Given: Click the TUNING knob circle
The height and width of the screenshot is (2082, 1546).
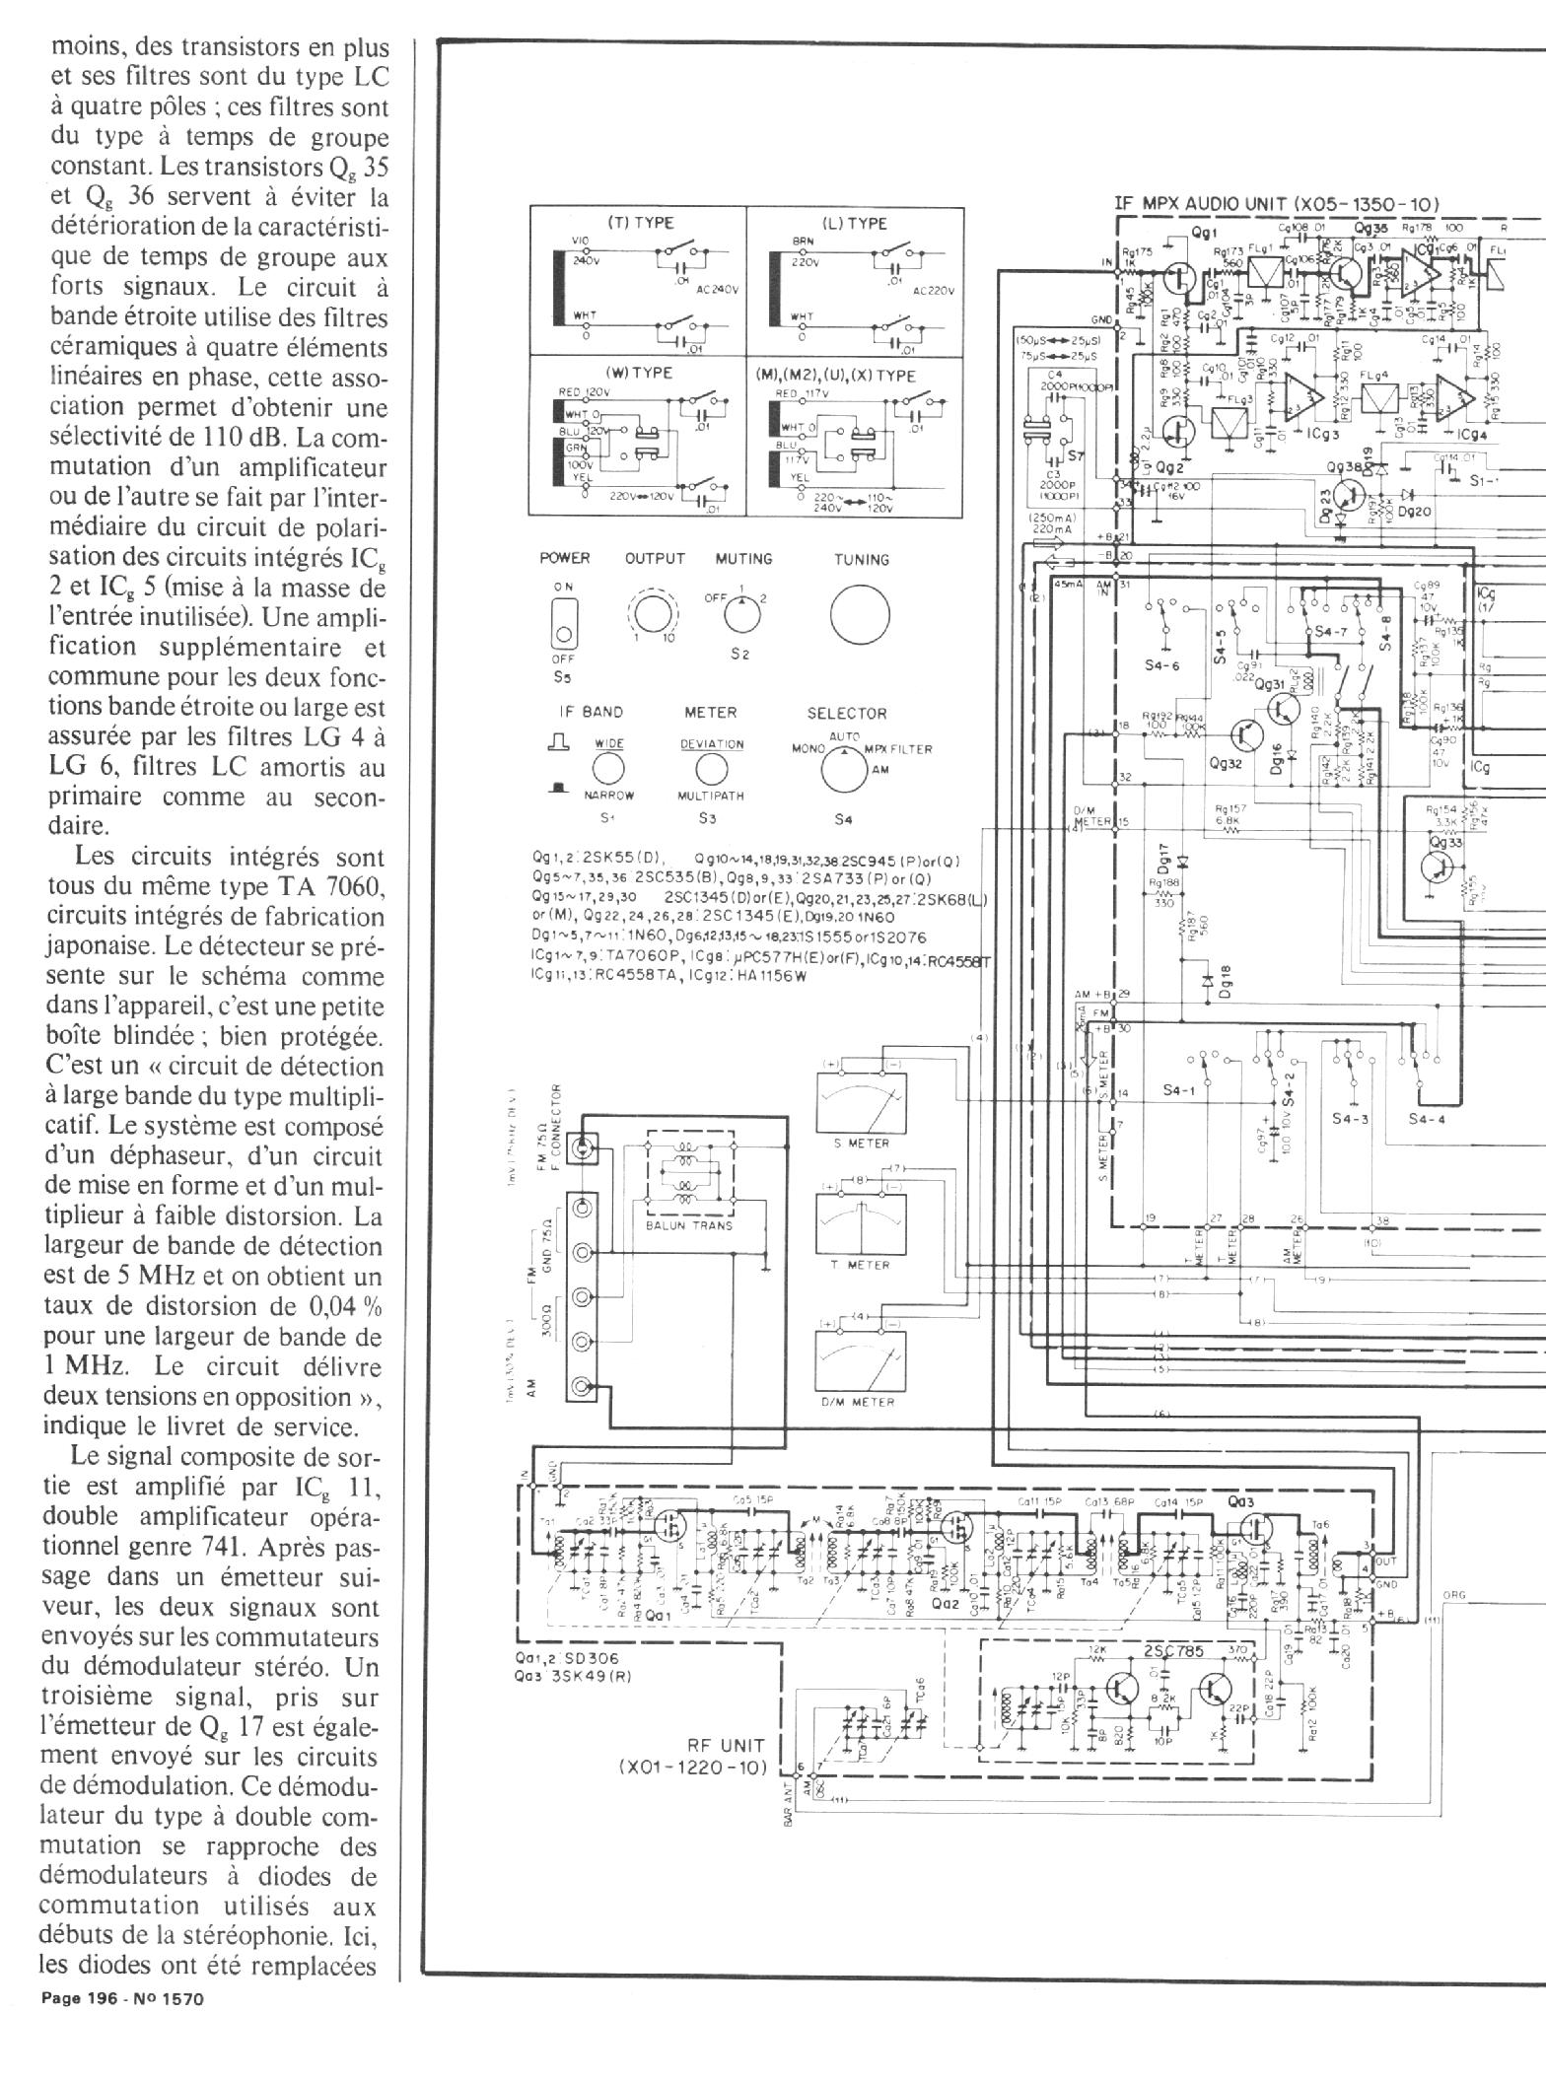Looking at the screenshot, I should coord(860,615).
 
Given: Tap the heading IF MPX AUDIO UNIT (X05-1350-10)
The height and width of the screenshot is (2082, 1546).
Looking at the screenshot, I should coord(1276,204).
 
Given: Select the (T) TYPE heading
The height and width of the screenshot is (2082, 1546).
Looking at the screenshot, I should coord(640,223).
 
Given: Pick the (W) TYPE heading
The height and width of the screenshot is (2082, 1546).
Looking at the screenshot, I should coord(640,373).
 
